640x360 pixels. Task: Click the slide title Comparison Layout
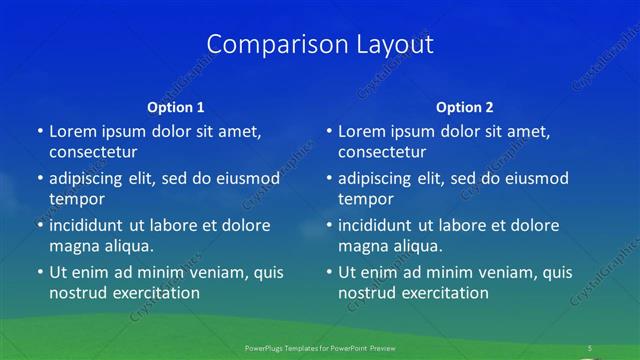pyautogui.click(x=320, y=44)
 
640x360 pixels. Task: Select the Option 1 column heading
pyautogui.click(x=175, y=107)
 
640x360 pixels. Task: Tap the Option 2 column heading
pyautogui.click(x=465, y=107)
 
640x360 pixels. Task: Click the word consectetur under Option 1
pyautogui.click(x=93, y=152)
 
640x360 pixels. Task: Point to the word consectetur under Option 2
pyautogui.click(x=383, y=152)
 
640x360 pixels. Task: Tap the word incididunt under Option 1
pyautogui.click(x=92, y=225)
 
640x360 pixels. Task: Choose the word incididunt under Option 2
pyautogui.click(x=382, y=225)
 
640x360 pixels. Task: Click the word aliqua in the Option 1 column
pyautogui.click(x=128, y=246)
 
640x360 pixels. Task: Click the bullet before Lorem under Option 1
pyautogui.click(x=39, y=131)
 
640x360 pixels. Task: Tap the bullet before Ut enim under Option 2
pyautogui.click(x=329, y=272)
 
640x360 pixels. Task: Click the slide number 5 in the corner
pyautogui.click(x=590, y=348)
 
